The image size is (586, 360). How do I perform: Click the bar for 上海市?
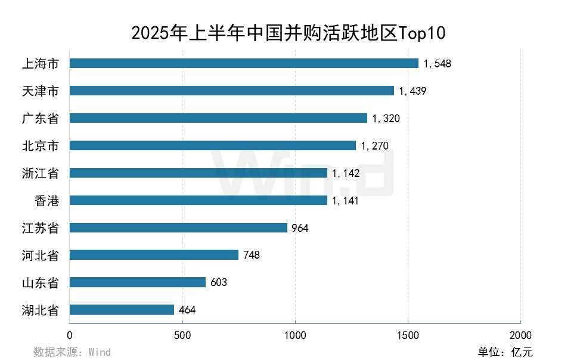point(244,63)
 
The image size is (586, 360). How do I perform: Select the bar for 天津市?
point(232,91)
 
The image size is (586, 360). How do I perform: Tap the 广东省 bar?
point(218,118)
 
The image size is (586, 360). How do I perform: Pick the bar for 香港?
point(199,200)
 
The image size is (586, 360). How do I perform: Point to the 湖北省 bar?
point(122,310)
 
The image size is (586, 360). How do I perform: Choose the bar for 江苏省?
point(178,228)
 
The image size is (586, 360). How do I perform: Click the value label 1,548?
point(437,64)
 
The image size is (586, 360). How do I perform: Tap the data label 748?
point(252,255)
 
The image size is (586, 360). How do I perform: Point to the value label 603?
point(219,283)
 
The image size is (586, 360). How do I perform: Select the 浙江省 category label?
point(40,173)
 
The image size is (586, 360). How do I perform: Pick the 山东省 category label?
point(40,283)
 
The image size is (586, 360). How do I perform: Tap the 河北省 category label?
point(40,256)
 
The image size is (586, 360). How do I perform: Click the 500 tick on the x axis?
point(182,334)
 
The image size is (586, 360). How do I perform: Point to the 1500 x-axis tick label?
point(408,334)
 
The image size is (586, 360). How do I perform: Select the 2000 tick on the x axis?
point(520,334)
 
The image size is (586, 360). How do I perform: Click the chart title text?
point(288,32)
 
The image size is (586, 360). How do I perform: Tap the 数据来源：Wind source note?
point(72,352)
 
